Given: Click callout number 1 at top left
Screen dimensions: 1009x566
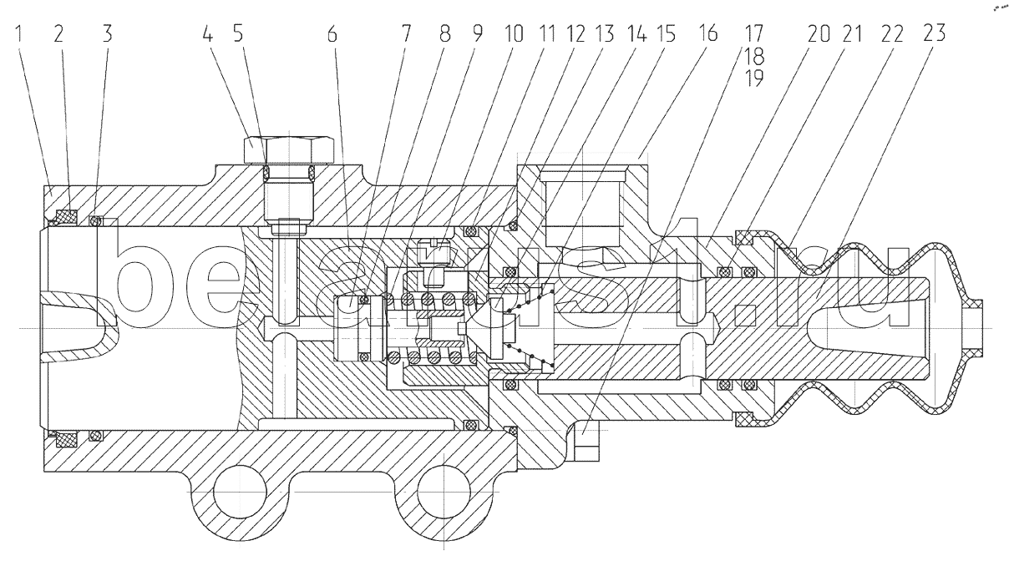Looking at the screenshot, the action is click(x=18, y=34).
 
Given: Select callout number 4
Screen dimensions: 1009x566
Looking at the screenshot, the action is click(x=207, y=34).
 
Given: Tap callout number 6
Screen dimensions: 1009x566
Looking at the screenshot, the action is click(x=332, y=34).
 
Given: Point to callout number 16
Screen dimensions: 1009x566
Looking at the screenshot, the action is click(x=707, y=34).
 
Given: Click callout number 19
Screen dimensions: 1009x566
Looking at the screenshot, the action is click(x=753, y=78).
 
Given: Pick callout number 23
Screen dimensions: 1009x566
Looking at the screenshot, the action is click(x=934, y=34).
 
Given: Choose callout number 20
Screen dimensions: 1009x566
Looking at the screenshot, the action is click(x=819, y=34).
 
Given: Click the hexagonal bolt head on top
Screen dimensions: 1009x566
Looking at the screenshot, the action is click(x=289, y=149).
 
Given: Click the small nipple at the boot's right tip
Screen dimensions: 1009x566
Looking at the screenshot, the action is click(x=973, y=327).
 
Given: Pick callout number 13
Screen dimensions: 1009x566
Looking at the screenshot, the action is click(x=604, y=34).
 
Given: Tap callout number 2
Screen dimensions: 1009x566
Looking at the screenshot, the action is click(x=59, y=34).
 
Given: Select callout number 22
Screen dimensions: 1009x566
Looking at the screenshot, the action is click(x=892, y=34).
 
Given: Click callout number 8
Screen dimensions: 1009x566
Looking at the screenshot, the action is click(x=444, y=34).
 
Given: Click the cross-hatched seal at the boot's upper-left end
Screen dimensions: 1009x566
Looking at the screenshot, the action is click(x=743, y=237).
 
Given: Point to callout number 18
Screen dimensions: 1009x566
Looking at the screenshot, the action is click(x=753, y=56).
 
